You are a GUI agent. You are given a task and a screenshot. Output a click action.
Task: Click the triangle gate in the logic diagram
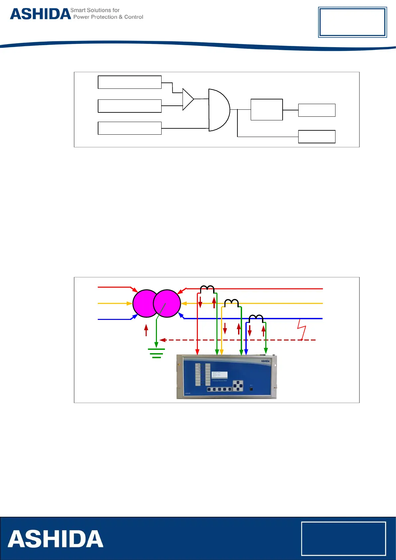[187, 99]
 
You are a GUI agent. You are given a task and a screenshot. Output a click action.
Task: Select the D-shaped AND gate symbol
[218, 110]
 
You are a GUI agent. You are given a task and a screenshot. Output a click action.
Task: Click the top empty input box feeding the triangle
[130, 82]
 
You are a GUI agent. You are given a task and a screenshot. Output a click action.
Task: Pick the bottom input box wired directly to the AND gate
[130, 128]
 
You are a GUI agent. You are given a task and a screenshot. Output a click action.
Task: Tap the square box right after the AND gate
[267, 109]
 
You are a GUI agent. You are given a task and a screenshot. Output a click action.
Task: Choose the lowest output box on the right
[317, 137]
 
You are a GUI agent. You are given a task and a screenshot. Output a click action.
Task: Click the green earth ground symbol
[156, 352]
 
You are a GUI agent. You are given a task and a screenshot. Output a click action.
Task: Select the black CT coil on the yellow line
[231, 303]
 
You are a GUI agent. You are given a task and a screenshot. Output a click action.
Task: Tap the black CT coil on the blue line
[256, 318]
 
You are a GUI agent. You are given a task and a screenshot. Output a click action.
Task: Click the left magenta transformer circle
[145, 303]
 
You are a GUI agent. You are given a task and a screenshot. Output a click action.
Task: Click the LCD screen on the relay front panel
[219, 375]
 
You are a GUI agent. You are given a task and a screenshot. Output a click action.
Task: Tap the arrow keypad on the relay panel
[238, 386]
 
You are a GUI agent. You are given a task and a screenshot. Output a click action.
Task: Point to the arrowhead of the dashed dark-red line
[162, 340]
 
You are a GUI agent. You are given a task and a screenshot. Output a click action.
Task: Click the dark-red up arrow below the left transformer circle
[146, 330]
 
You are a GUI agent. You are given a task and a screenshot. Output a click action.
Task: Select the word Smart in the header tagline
[78, 10]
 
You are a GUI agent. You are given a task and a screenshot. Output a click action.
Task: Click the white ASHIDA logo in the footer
[56, 539]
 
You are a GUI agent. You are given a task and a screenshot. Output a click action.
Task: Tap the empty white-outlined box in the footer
[343, 538]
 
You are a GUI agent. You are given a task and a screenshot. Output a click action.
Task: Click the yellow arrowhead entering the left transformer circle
[130, 303]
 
